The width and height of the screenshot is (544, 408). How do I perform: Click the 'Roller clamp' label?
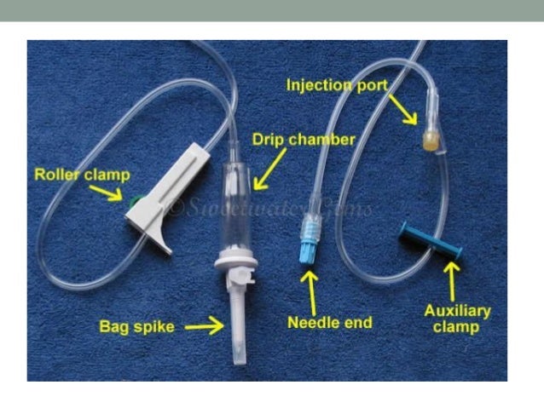[82, 175]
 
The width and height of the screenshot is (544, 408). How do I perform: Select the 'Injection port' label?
[337, 85]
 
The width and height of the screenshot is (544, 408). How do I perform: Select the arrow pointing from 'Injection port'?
[404, 107]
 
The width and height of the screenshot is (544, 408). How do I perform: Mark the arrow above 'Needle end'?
[311, 290]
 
